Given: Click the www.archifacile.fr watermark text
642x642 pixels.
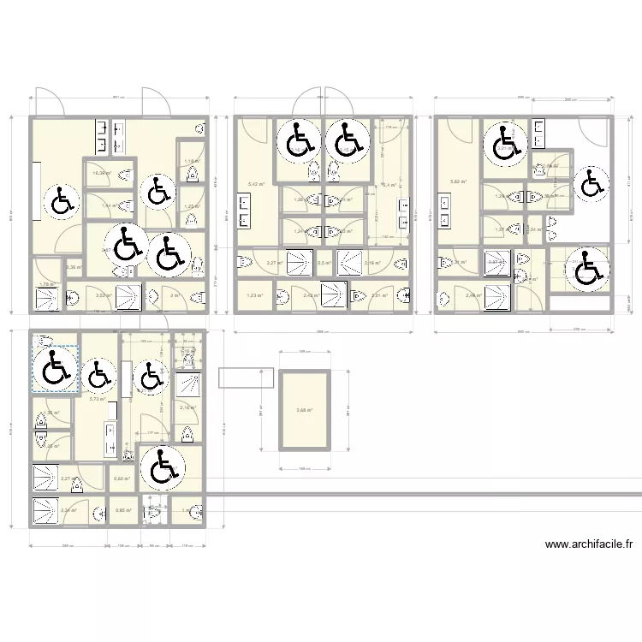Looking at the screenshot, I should tap(588, 544).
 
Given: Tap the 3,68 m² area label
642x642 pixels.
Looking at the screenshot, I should tap(304, 410).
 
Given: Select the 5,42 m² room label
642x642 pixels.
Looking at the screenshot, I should tap(255, 184).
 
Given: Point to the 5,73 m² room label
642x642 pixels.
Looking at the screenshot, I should tap(97, 399).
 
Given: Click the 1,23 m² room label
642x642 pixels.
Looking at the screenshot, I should tap(254, 295).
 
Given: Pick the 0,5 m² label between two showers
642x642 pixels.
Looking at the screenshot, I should tap(324, 264).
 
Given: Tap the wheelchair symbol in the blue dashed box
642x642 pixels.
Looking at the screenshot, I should tap(56, 370).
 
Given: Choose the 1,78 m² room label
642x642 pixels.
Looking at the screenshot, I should tap(46, 284).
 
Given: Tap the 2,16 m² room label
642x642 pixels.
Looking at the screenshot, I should tap(187, 407).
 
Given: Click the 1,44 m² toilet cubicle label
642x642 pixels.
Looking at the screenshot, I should tap(109, 205).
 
